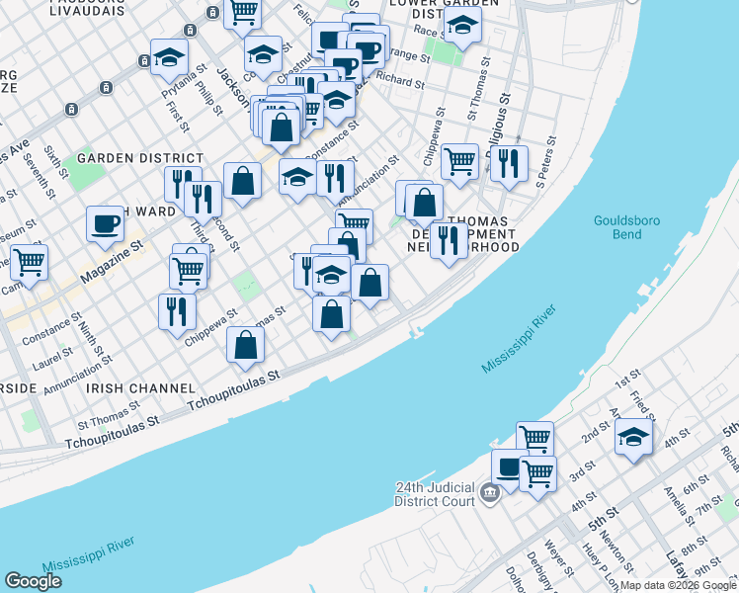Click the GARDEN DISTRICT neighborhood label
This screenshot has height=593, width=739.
[x=139, y=158]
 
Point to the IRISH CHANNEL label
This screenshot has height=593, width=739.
[x=133, y=388]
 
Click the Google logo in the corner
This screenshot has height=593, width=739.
[x=33, y=581]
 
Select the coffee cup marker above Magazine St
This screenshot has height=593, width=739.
[x=105, y=223]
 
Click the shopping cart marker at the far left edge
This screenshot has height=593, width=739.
[x=28, y=263]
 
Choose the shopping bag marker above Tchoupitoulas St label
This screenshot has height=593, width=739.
[x=246, y=345]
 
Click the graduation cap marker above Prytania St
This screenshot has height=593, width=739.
[x=170, y=56]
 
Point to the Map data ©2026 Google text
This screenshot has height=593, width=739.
[x=678, y=585]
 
